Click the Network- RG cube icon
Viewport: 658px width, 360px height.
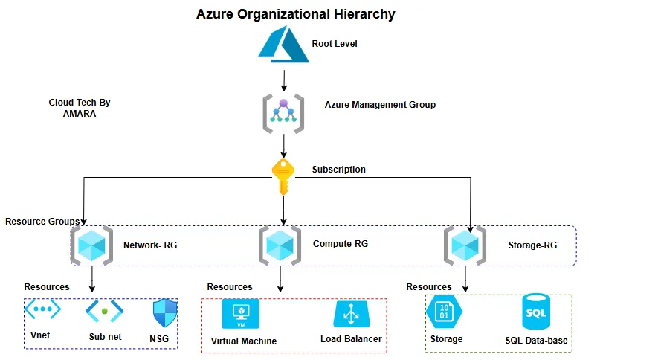pos(91,245)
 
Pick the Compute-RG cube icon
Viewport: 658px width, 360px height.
pos(280,245)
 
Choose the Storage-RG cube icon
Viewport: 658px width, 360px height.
pos(465,245)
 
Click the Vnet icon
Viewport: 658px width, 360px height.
pos(42,309)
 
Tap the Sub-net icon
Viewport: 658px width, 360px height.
pos(104,310)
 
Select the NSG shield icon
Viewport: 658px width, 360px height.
pos(164,313)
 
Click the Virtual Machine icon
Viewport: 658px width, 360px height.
pos(240,314)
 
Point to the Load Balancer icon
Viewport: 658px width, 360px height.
pos(350,315)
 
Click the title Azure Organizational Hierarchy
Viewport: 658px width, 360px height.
pos(295,14)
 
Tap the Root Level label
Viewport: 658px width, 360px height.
pos(335,44)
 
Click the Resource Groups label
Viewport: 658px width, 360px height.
pos(42,222)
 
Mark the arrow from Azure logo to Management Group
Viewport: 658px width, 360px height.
pos(283,77)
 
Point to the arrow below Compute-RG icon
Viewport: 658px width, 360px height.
pos(280,279)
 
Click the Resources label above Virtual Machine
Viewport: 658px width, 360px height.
pos(229,286)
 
